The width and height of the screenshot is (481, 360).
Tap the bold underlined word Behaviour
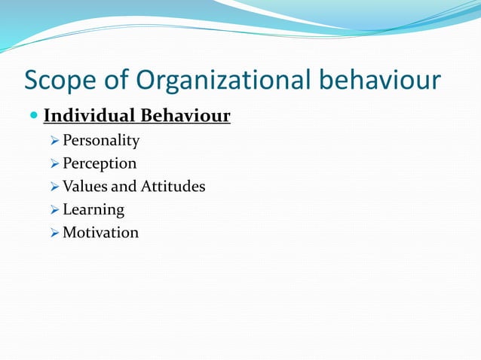[x=185, y=117]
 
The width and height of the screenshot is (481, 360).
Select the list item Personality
[x=101, y=141]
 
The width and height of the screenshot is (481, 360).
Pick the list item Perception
[x=100, y=163]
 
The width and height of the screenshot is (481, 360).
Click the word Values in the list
[x=84, y=186]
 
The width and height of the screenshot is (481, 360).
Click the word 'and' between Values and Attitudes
[x=123, y=186]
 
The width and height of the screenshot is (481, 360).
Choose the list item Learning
[x=93, y=209]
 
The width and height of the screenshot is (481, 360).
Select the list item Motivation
[x=100, y=232]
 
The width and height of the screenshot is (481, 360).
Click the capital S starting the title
[x=32, y=81]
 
